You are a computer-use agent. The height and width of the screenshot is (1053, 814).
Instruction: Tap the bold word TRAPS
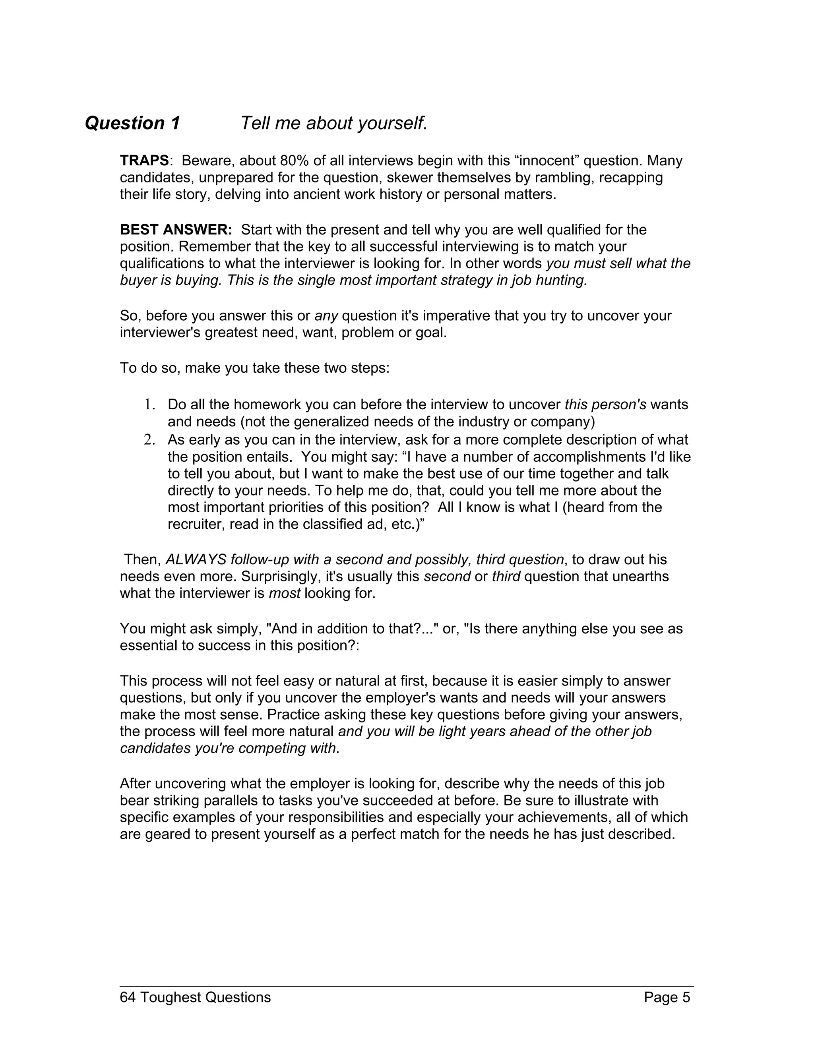[144, 161]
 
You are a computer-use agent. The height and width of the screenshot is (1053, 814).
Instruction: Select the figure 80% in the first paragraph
[294, 161]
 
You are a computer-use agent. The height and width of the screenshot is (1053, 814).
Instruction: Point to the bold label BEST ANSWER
[176, 230]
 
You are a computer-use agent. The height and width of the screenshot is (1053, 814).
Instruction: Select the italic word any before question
[326, 316]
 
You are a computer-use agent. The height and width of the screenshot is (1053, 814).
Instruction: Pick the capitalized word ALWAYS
[196, 559]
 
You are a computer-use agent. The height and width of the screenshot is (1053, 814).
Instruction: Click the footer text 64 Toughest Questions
[195, 997]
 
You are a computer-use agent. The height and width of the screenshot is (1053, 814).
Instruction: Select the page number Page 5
[667, 997]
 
